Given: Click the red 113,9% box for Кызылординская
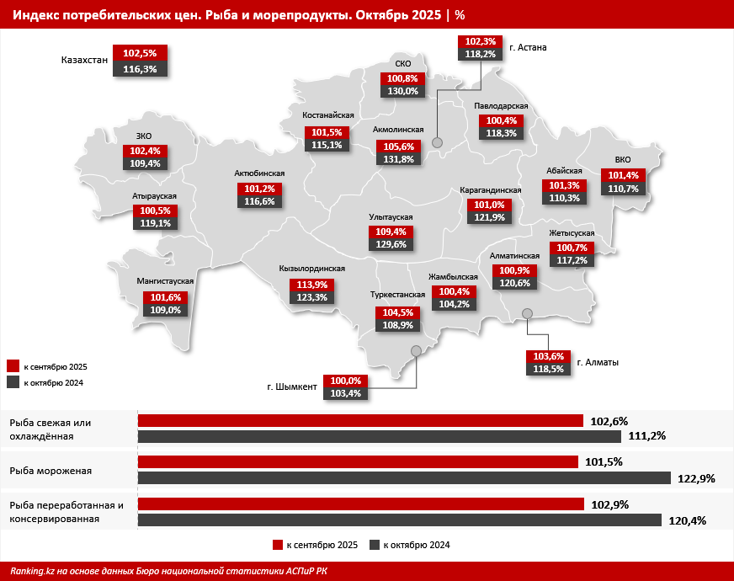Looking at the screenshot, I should pyautogui.click(x=312, y=285).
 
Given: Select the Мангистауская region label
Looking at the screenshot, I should pyautogui.click(x=166, y=281).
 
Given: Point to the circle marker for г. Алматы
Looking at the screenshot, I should pyautogui.click(x=528, y=314).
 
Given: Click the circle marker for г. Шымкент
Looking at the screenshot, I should pyautogui.click(x=415, y=351).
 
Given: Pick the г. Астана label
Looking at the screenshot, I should pyautogui.click(x=528, y=47).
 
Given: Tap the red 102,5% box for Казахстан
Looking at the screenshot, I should pyautogui.click(x=140, y=53).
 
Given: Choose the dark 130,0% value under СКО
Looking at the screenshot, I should pyautogui.click(x=402, y=92).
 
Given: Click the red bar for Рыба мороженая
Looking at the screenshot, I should pyautogui.click(x=358, y=461).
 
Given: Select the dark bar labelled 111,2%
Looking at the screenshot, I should pyautogui.click(x=380, y=436).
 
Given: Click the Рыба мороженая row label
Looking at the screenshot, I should pyautogui.click(x=51, y=471).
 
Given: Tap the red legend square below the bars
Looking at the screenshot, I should pyautogui.click(x=277, y=546).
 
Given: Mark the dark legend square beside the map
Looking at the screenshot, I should pyautogui.click(x=13, y=382).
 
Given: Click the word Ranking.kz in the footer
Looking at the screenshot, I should pyautogui.click(x=32, y=570).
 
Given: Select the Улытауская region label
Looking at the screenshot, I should pyautogui.click(x=391, y=216).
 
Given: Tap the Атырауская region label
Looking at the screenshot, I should pyautogui.click(x=154, y=195).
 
